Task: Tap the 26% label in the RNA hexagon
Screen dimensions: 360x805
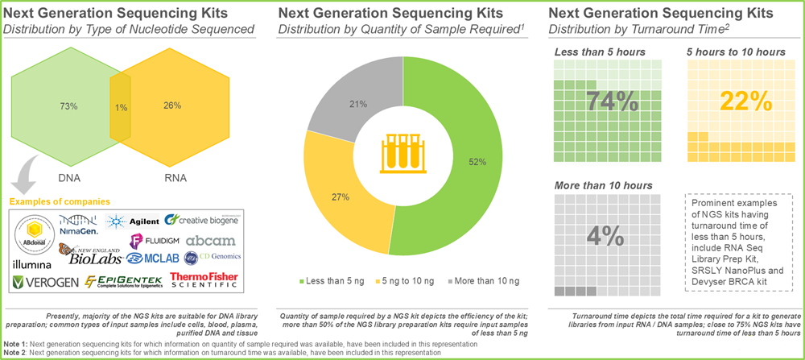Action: [x=171, y=106]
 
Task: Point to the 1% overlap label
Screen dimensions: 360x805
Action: [x=120, y=108]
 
